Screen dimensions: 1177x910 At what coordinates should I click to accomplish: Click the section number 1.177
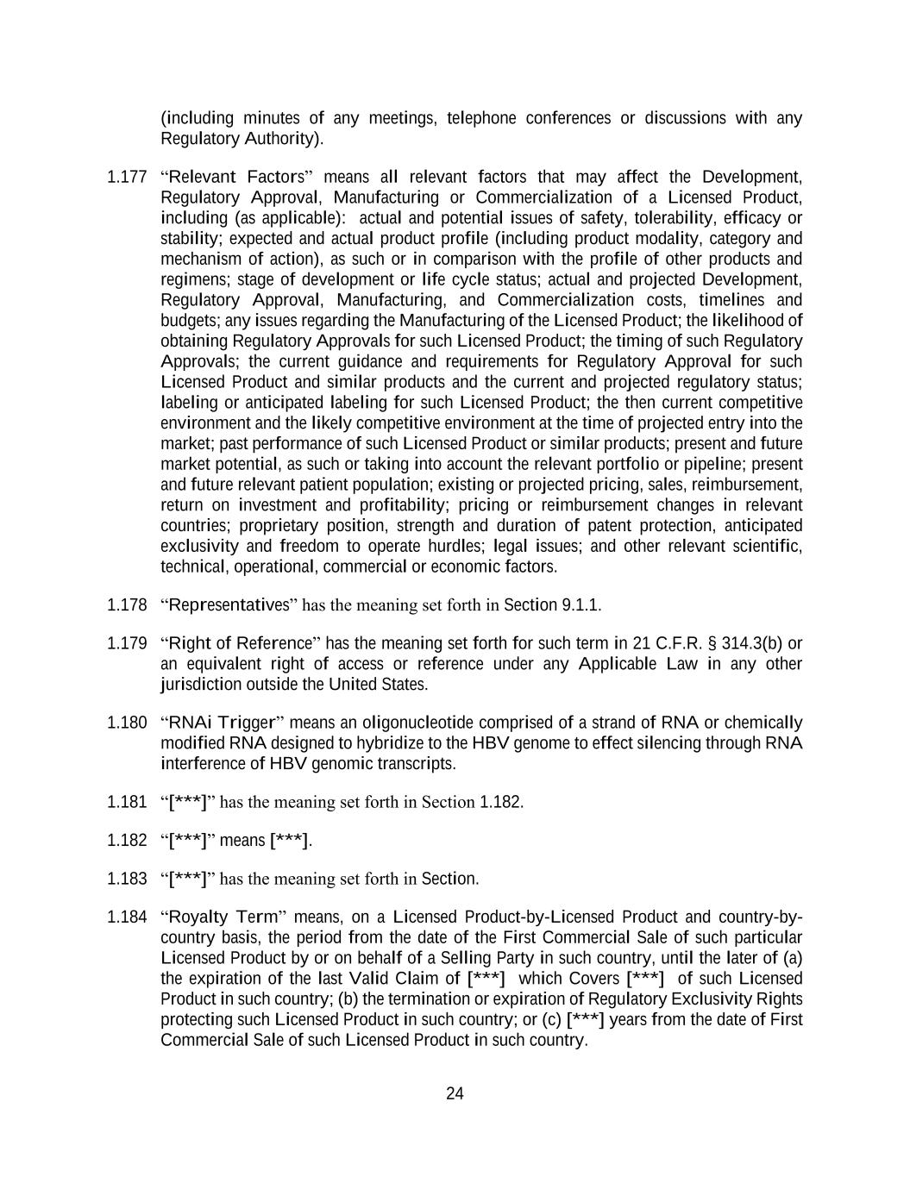pos(127,178)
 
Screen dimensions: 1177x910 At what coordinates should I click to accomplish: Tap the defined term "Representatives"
pos(229,604)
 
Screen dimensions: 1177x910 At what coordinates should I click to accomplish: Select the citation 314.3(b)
pos(734,643)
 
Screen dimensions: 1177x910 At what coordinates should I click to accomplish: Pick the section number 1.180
pos(127,723)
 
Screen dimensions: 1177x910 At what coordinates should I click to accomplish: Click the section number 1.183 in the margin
pos(127,879)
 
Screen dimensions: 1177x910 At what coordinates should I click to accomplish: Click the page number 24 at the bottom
pos(455,1094)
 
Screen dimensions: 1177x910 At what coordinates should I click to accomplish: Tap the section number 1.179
pos(127,643)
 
